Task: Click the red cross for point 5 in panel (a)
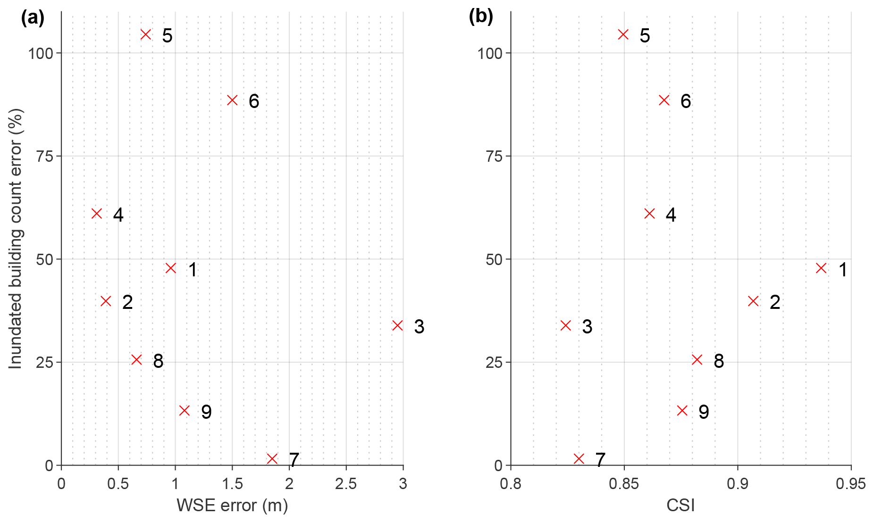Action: coord(146,34)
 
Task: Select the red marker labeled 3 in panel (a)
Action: coord(397,325)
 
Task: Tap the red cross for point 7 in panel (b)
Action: coord(579,458)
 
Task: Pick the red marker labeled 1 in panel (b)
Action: coord(821,268)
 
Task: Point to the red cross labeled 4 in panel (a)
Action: coord(96,214)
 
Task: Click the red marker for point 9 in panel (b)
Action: coord(682,410)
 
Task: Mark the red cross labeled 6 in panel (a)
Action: coord(232,100)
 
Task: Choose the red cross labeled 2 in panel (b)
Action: coord(753,301)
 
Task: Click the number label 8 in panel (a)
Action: coord(158,361)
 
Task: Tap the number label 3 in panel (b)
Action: coord(587,327)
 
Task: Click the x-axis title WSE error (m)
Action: coord(232,505)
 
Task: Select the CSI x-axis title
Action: coord(681,505)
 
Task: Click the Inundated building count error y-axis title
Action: coord(16,238)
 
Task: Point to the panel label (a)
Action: coord(33,18)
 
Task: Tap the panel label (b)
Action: coord(480,17)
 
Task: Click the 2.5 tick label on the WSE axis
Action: coord(346,484)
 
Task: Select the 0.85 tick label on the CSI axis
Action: coord(624,484)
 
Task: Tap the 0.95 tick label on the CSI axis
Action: coord(851,484)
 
